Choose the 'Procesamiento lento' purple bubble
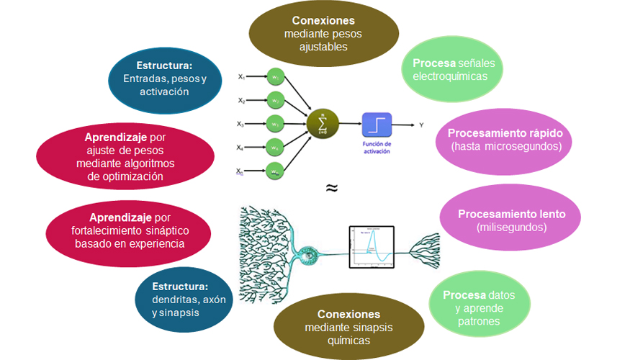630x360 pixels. coord(511,220)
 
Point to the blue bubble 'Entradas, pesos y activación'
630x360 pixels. coord(156,78)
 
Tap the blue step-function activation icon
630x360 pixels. coord(377,124)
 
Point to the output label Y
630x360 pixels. coord(421,125)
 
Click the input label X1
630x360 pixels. coord(243,76)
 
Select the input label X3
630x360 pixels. coord(243,124)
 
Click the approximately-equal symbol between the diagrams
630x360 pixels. coord(331,188)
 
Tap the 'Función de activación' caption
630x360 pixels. coord(376,147)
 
